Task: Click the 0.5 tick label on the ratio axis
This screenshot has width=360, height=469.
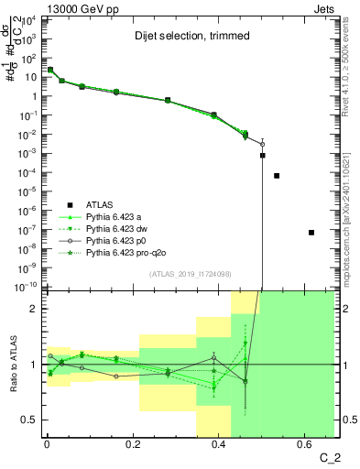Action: point(32,420)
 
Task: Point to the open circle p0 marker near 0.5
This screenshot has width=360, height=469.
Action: point(262,144)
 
